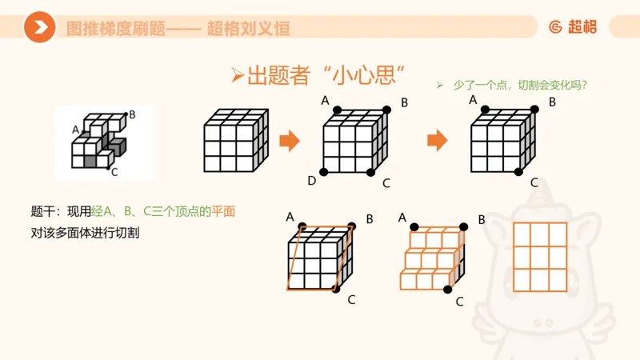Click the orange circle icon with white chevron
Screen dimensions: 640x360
point(39,27)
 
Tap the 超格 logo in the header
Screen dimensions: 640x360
point(573,27)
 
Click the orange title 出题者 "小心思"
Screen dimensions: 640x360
point(318,76)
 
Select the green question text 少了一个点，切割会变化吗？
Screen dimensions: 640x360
point(511,86)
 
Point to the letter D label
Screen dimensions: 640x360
point(312,181)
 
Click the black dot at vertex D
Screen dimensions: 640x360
point(324,172)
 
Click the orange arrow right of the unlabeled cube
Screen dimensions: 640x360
point(290,141)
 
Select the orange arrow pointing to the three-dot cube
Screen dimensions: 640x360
point(437,141)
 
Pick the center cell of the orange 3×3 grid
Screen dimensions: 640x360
point(540,257)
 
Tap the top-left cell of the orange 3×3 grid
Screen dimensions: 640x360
point(522,234)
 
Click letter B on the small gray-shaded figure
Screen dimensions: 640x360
point(132,114)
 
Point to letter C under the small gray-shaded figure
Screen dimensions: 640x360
point(114,172)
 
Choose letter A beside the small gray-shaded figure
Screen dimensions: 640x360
point(75,130)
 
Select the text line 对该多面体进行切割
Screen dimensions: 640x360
point(85,233)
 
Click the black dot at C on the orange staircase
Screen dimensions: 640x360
point(448,290)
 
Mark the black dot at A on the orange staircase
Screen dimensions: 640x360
point(414,227)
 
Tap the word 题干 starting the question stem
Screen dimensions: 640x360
point(42,211)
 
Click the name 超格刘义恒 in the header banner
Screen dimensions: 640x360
point(249,29)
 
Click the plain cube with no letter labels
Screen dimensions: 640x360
point(236,141)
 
